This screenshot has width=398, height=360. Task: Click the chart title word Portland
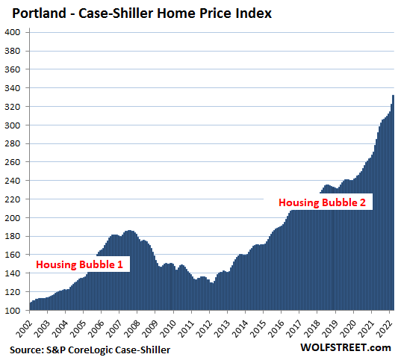39,13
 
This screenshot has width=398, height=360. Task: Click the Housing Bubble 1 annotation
79,264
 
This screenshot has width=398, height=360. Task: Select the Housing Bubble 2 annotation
322,202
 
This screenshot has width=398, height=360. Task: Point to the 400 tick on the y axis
12,32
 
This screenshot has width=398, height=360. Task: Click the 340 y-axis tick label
12,88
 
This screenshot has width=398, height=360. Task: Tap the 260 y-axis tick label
12,162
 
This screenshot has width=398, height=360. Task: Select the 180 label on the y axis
12,236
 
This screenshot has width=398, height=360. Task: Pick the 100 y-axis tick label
12,311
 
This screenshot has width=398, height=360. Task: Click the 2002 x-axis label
24,329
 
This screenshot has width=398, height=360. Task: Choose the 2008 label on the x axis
132,329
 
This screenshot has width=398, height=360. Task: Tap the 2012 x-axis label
204,329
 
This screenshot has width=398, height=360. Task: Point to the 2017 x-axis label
294,329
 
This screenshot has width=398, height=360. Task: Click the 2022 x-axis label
384,329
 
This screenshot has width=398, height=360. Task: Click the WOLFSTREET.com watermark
346,347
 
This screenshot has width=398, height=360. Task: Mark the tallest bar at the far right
393,202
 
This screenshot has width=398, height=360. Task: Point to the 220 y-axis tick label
12,199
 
